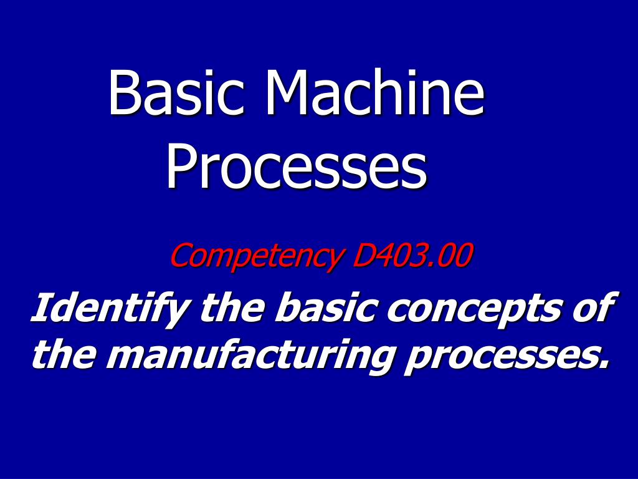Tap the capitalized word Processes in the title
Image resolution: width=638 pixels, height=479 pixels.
click(x=297, y=167)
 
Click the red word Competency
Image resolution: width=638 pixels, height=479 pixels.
click(x=256, y=256)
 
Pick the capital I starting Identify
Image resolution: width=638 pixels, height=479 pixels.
click(x=42, y=308)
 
